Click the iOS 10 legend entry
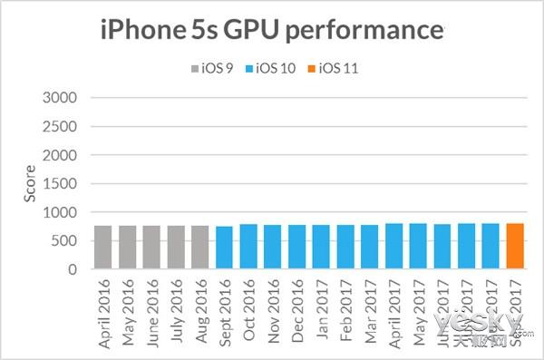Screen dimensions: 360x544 [x=275, y=67]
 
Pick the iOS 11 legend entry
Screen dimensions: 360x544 [x=336, y=67]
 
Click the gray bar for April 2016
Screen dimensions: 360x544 [x=102, y=248]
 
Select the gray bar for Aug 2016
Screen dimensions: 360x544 [x=199, y=248]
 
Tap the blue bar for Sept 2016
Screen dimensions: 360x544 [x=224, y=248]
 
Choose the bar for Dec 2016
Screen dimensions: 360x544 [x=296, y=248]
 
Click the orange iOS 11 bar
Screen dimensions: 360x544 [x=515, y=247]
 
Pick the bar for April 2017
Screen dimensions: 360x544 [x=393, y=247]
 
